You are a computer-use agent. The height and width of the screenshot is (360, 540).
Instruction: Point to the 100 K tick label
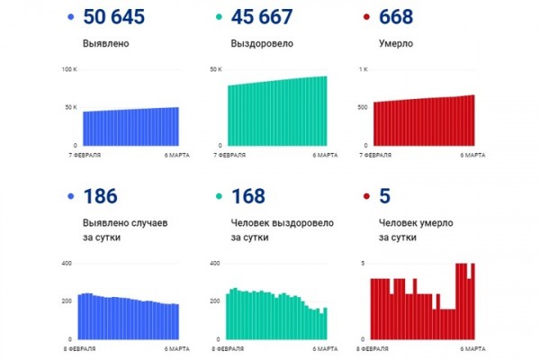pos(69,69)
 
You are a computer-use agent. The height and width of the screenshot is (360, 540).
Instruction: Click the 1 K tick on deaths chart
pos(363,69)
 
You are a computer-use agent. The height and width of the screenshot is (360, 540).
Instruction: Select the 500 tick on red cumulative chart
pos(361,107)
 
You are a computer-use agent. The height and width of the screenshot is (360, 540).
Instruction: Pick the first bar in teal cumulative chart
pos(229,116)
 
